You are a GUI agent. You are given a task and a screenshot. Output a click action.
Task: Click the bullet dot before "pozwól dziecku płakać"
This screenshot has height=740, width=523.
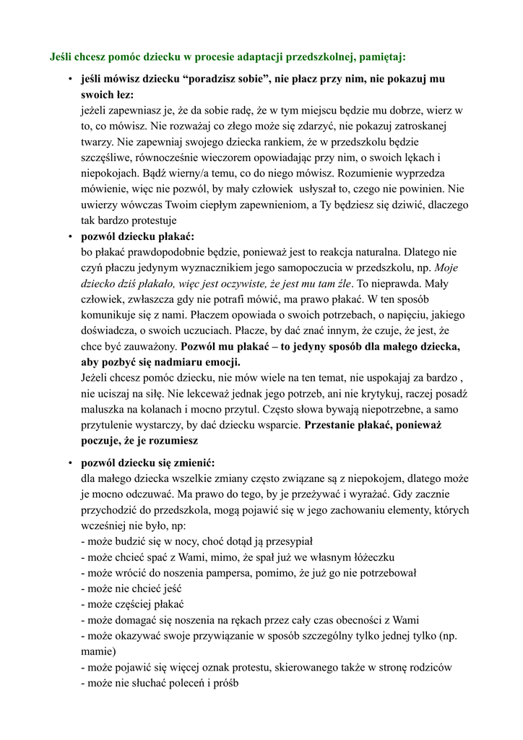(70, 236)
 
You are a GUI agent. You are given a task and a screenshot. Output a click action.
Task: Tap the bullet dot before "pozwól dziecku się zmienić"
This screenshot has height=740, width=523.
(70, 462)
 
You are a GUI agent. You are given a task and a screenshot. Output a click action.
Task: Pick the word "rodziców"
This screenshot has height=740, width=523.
(428, 667)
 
